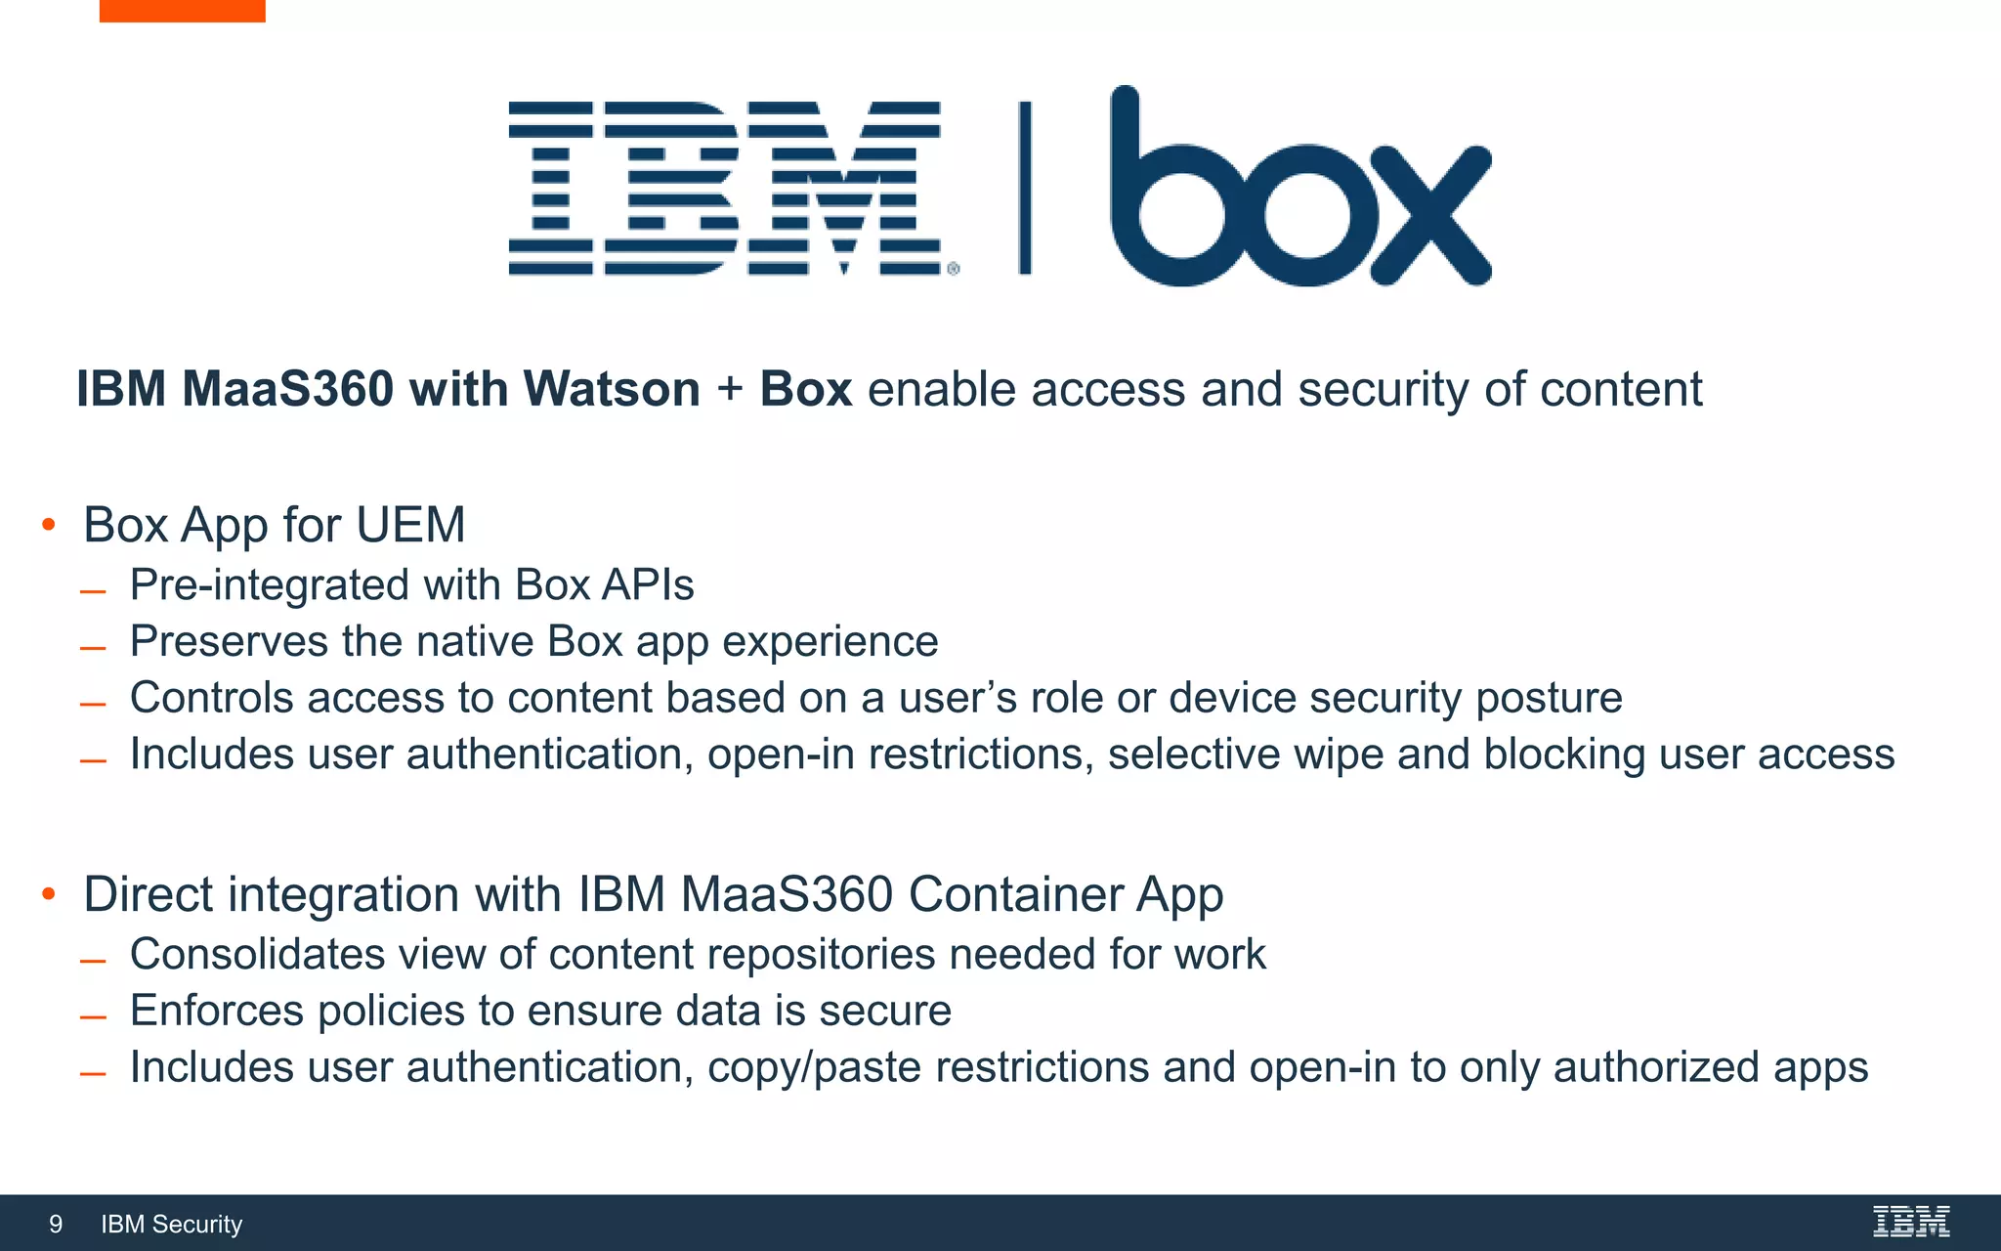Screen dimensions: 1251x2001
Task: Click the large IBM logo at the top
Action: click(x=725, y=188)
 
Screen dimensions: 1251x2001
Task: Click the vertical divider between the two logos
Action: click(x=1024, y=188)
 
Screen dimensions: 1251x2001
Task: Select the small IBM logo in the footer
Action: click(x=1911, y=1222)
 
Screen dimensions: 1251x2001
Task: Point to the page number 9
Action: click(x=56, y=1224)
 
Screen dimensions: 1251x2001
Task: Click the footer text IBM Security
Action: click(x=172, y=1224)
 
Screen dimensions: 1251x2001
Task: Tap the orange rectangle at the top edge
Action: click(x=182, y=11)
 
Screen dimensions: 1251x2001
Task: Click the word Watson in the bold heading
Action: click(x=612, y=389)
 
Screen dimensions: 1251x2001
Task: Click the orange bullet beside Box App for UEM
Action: click(x=49, y=525)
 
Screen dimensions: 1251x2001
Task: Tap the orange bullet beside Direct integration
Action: click(x=49, y=893)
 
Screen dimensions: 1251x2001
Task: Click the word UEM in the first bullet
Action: click(x=410, y=525)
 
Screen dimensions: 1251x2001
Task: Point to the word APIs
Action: click(x=648, y=585)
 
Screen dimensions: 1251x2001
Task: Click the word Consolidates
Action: click(x=258, y=955)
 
